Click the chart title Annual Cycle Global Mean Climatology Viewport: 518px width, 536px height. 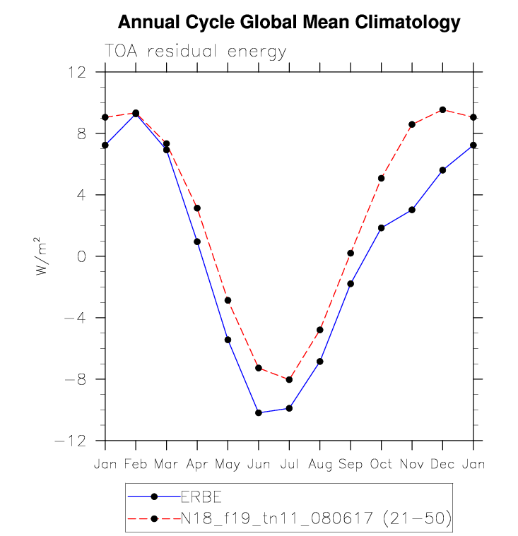coord(288,23)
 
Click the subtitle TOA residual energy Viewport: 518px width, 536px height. coord(196,52)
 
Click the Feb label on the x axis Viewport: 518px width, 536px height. coord(136,464)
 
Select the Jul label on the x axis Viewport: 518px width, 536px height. coord(289,464)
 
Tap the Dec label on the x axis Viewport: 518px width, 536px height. coord(442,464)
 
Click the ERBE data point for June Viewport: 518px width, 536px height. coord(259,412)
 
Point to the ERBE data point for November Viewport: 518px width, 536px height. coord(412,210)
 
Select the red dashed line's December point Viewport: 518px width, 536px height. coord(442,109)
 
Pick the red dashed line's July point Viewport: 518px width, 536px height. coord(289,379)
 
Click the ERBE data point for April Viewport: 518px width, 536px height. coord(197,242)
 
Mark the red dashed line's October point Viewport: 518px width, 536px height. coord(381,178)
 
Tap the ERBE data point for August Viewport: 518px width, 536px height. coord(320,361)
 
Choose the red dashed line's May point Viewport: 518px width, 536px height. coord(228,300)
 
